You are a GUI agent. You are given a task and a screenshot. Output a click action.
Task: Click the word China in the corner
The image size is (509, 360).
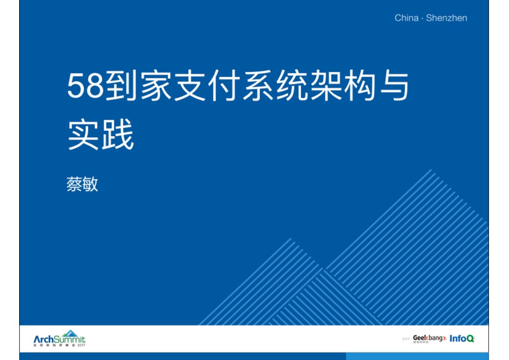point(406,18)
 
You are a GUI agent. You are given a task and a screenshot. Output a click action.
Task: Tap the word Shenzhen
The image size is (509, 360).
point(446,18)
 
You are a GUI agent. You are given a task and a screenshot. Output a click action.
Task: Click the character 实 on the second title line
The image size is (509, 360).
point(84,136)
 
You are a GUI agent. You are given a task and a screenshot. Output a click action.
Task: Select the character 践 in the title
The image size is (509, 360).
point(118,136)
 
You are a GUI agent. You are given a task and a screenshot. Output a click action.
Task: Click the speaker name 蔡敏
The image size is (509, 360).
point(82,183)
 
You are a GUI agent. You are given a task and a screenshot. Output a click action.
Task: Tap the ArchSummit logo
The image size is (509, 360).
point(60,339)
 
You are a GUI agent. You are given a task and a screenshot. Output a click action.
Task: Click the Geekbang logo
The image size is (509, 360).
point(429,338)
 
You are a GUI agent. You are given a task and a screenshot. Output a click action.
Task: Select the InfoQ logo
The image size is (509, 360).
point(462,338)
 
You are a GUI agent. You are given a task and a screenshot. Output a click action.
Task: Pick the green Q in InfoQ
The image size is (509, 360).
point(470,339)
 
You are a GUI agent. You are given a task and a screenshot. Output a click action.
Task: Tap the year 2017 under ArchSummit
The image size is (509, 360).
point(81,345)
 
